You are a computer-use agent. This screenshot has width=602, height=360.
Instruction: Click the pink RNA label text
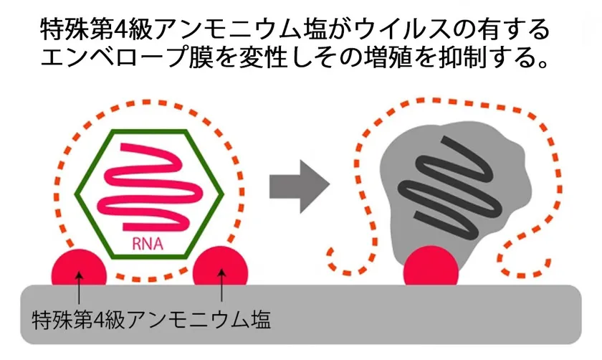[148, 244]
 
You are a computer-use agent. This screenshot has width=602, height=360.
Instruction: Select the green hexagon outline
[75, 194]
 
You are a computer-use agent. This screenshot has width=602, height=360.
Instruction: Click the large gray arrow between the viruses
[300, 186]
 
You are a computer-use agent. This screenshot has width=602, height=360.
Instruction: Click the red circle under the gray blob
[431, 266]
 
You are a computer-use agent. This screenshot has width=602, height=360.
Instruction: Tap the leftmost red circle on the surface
[79, 267]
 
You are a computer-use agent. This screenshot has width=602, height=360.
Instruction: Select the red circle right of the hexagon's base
[221, 266]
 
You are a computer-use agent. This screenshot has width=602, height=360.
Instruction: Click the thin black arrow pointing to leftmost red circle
[79, 287]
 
